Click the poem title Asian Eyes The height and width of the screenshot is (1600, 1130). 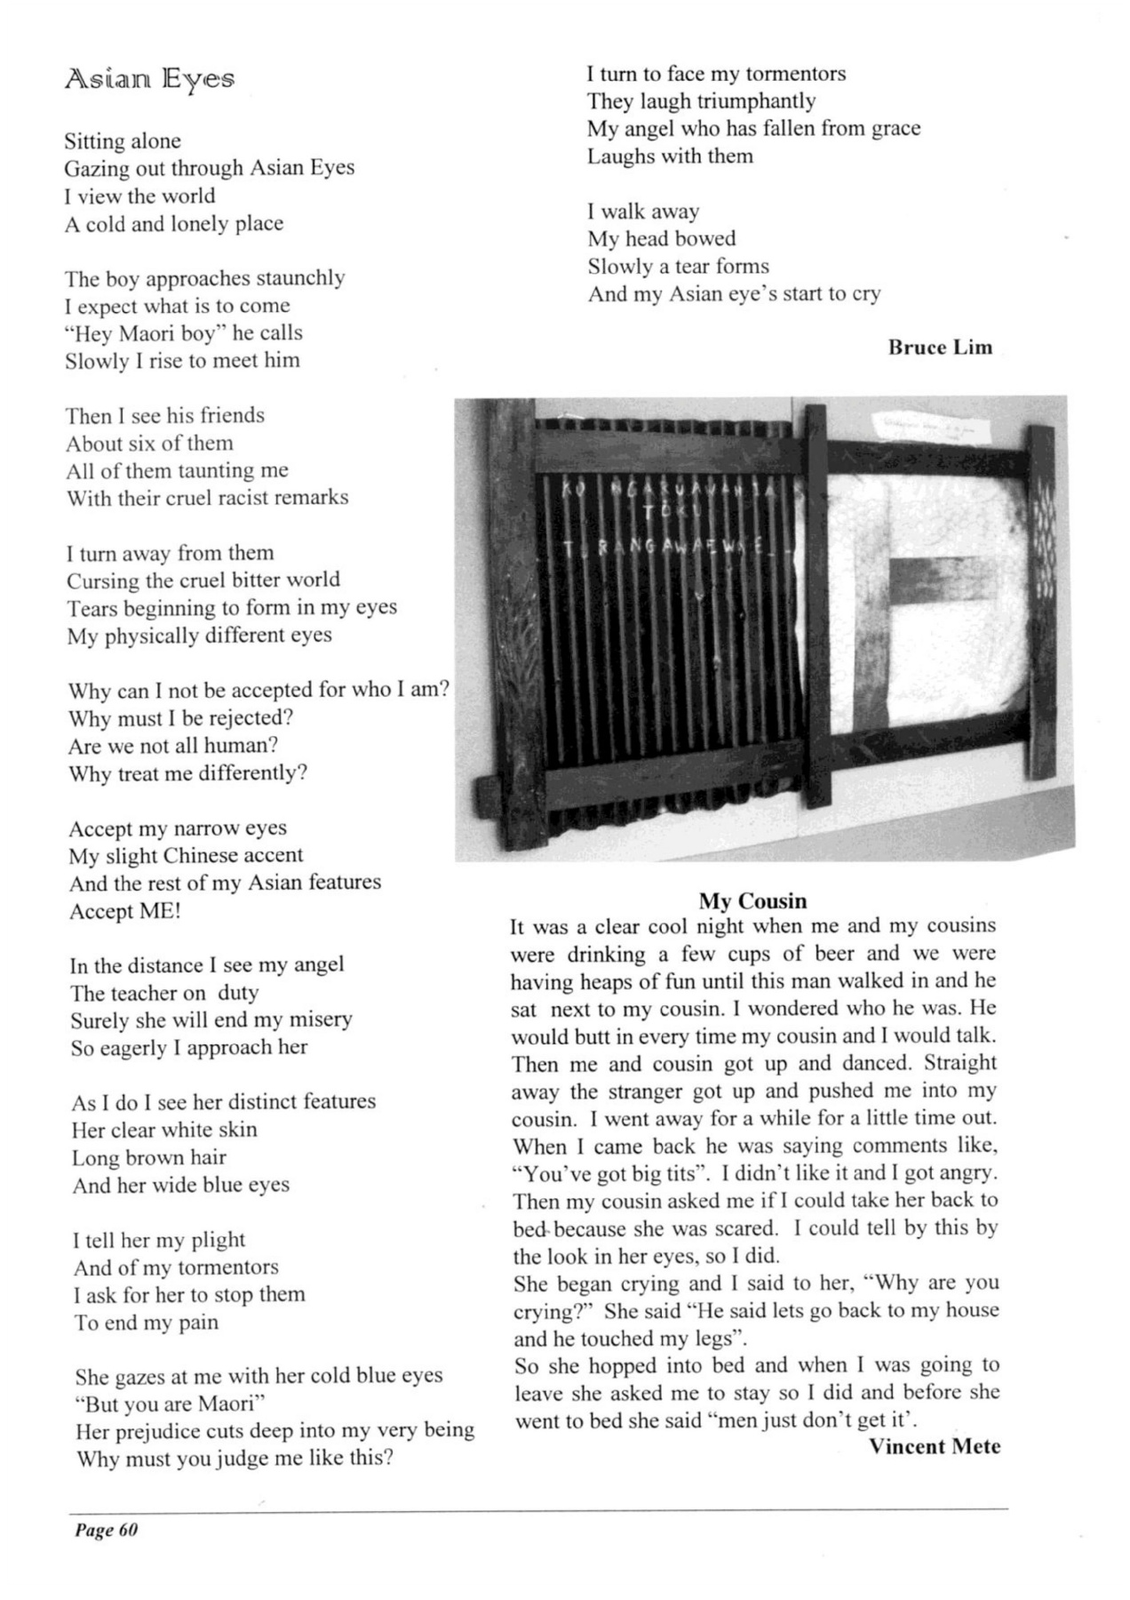point(149,80)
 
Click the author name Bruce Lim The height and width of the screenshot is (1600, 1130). point(940,348)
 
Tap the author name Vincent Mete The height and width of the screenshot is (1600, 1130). point(935,1446)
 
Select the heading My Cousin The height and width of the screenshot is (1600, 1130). point(752,900)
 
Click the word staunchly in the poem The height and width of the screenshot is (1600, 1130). point(300,278)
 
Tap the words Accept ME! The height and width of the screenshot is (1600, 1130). point(125,911)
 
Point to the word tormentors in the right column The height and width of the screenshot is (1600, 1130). point(795,74)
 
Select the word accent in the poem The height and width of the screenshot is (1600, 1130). point(271,855)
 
